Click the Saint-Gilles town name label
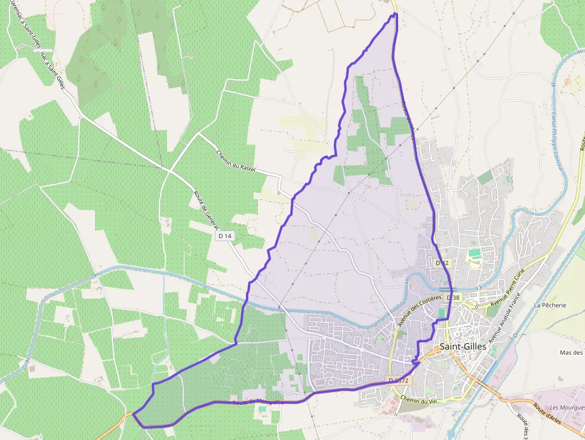(463, 346)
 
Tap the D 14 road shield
(224, 236)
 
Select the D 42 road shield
(442, 263)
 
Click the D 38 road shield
(453, 297)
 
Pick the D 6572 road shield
(398, 380)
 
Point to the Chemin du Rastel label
(236, 159)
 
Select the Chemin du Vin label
(416, 400)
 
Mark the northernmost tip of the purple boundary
(395, 14)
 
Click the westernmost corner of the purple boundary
(133, 413)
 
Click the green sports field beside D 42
(475, 254)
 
